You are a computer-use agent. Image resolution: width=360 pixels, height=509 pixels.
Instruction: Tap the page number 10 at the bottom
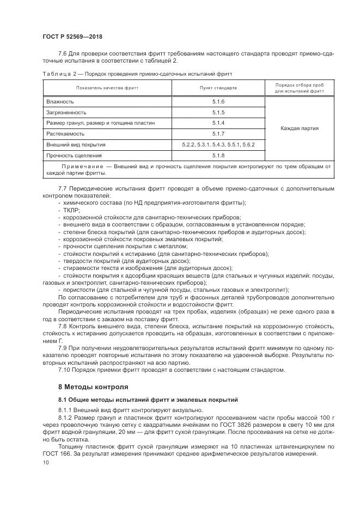tap(46, 462)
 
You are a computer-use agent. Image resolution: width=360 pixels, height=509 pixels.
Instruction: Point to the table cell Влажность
tap(60, 102)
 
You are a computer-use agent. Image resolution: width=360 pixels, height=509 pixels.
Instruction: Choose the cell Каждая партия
tap(300, 128)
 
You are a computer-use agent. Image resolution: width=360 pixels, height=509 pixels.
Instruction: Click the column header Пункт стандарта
tap(218, 88)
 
